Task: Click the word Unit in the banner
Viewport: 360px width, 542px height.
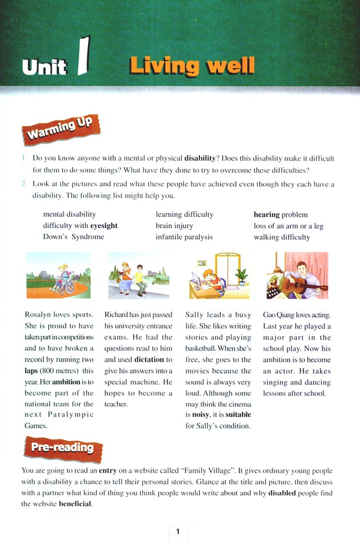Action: point(44,66)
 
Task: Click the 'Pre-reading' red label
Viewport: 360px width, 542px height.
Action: point(62,447)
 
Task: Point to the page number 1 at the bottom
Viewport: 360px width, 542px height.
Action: point(178,531)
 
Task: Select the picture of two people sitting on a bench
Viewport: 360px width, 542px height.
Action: point(138,275)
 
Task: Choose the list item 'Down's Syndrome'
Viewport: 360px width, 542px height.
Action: point(73,237)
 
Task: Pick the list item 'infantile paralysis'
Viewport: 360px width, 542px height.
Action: point(184,237)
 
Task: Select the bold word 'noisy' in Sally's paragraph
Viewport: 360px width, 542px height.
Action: point(195,415)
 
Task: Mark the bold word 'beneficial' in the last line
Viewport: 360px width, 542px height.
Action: point(75,504)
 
